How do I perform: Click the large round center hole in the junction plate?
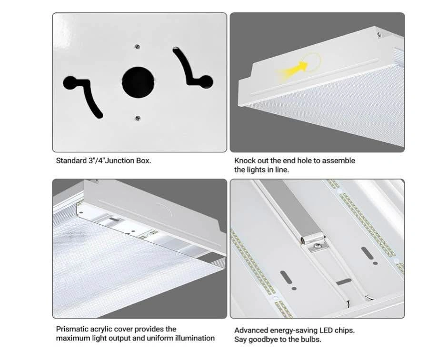click(x=138, y=82)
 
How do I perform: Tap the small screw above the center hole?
click(x=137, y=47)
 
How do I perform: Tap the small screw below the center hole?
click(x=138, y=118)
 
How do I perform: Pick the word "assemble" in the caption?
click(x=338, y=160)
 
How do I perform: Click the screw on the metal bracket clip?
click(x=318, y=246)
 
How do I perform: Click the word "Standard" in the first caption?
click(x=71, y=160)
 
